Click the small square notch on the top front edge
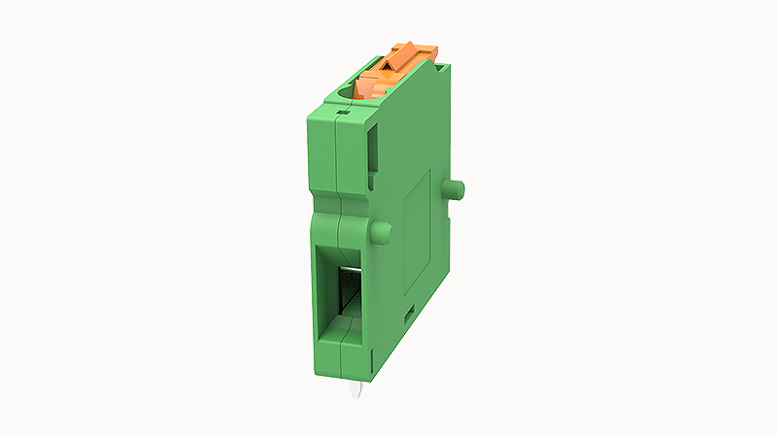339,114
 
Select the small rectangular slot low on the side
408,312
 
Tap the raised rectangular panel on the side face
416,233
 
